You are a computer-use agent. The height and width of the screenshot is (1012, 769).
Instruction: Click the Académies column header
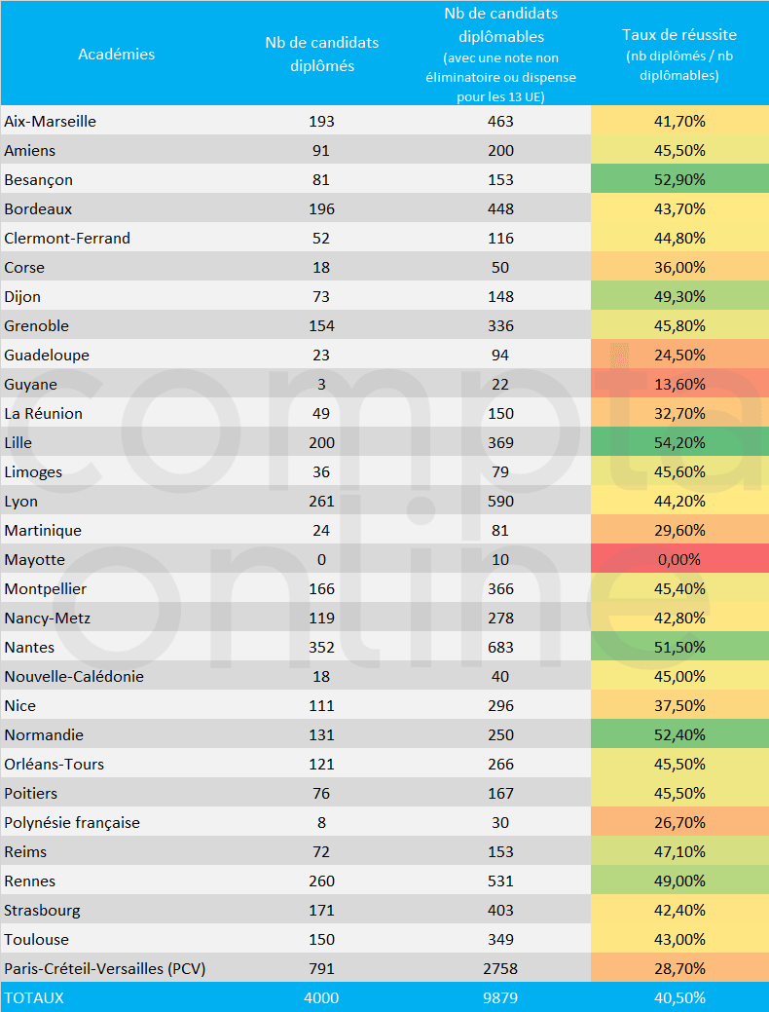point(117,55)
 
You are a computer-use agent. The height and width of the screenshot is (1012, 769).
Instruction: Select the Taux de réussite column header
point(678,35)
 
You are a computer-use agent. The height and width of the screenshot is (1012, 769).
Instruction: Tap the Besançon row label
point(39,179)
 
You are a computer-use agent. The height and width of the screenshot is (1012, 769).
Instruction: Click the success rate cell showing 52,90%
point(679,179)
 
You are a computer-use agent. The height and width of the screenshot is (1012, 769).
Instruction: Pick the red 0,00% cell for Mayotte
point(679,559)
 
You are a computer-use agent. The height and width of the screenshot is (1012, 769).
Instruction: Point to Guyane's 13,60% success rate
point(679,384)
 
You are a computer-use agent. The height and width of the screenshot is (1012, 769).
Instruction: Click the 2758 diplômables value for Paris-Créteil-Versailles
point(501,968)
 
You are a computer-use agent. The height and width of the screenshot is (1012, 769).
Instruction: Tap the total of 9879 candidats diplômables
point(501,997)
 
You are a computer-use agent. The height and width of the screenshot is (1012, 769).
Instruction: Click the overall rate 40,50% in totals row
point(679,997)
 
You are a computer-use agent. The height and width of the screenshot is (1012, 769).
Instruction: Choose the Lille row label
point(18,442)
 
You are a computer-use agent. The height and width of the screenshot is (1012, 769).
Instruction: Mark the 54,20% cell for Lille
point(679,442)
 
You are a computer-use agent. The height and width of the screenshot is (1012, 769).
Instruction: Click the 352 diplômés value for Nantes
point(321,647)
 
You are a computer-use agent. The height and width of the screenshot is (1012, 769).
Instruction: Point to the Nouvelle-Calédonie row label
point(74,676)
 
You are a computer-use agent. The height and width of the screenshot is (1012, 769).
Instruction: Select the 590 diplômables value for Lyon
point(501,501)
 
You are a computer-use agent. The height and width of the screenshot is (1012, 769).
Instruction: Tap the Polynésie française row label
point(72,822)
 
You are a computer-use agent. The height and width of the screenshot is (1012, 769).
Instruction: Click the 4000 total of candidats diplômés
point(321,997)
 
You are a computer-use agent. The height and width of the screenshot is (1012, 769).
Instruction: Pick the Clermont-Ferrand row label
point(67,238)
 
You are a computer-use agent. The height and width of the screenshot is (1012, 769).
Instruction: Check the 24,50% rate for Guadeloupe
point(679,355)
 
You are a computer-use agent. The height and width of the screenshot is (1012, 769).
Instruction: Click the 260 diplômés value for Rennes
point(321,881)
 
